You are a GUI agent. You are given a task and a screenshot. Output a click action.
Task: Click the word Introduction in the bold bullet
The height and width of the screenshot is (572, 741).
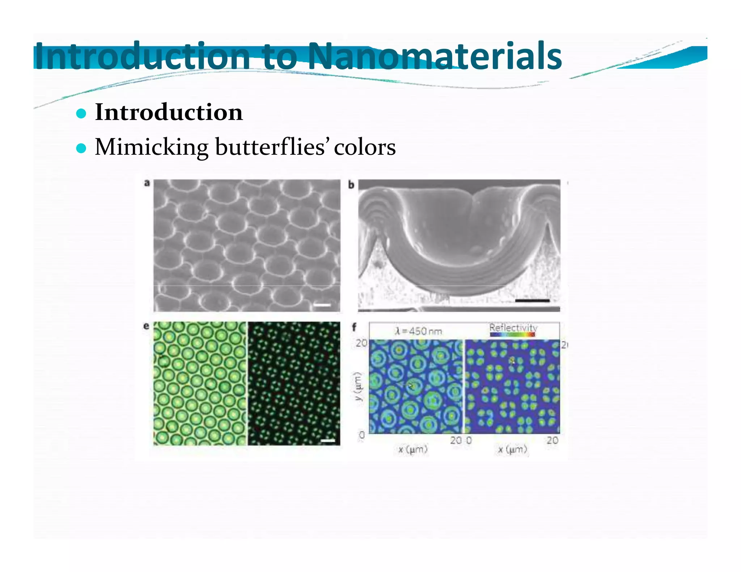point(169,112)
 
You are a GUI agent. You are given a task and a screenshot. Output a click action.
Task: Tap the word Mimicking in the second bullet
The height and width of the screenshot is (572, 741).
point(152,147)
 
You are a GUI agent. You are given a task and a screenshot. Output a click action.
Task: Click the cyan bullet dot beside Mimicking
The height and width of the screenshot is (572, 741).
point(81,148)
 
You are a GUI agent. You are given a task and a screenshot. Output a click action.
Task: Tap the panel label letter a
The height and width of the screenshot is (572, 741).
point(147,183)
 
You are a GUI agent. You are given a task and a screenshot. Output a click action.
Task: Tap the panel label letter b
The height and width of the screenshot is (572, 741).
point(351,185)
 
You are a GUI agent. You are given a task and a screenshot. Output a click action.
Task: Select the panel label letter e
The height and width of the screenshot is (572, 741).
point(146,326)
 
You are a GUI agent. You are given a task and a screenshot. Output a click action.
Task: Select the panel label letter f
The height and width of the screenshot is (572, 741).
point(354,327)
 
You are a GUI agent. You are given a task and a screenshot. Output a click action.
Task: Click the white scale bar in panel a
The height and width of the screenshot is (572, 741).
point(322,305)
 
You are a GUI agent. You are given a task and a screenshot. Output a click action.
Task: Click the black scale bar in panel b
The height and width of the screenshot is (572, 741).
point(532,300)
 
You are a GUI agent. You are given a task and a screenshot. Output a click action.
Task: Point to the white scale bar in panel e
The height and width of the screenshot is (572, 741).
point(328,441)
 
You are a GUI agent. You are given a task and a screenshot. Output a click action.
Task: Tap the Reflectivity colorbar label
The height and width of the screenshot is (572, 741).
point(513,328)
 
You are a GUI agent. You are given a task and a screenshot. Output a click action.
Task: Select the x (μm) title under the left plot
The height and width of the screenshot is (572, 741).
point(413,449)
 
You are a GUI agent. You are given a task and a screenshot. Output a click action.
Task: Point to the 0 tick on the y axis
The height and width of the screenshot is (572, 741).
point(361,435)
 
